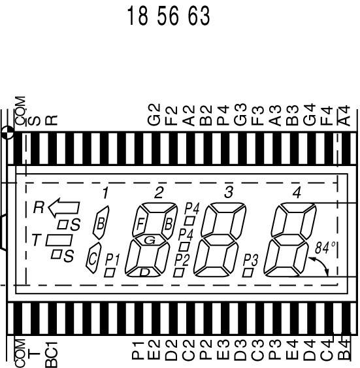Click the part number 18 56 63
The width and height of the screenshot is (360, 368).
(169, 16)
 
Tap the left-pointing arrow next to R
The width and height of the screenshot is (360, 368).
(64, 208)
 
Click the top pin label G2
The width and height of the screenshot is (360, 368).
(154, 114)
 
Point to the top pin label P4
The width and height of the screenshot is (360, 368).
(223, 115)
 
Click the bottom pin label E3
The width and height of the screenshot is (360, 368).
(223, 350)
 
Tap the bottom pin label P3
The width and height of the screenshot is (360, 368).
(274, 350)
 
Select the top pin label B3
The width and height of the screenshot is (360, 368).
(292, 115)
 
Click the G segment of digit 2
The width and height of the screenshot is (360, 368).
(150, 240)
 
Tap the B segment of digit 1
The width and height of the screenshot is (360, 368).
(101, 223)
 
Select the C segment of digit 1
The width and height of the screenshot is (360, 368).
(93, 258)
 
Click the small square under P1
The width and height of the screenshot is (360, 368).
(110, 273)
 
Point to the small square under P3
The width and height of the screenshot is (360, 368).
(248, 273)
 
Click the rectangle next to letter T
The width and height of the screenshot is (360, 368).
(59, 240)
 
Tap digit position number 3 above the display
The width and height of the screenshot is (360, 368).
(229, 192)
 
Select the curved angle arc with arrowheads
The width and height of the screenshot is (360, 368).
(321, 264)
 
